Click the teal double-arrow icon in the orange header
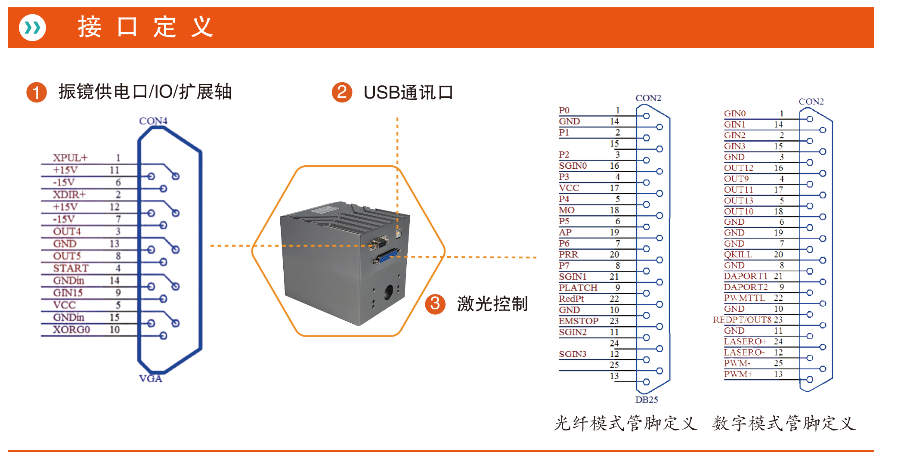click(x=32, y=28)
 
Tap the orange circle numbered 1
click(x=37, y=92)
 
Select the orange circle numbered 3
click(x=435, y=304)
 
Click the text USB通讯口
click(x=408, y=92)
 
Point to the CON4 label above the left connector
click(x=153, y=121)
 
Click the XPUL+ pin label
click(x=70, y=158)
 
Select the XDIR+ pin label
click(x=69, y=195)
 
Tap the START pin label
click(x=71, y=268)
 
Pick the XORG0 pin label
click(x=71, y=330)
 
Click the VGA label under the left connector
click(x=151, y=378)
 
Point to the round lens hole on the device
click(x=388, y=292)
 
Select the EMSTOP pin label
click(x=579, y=321)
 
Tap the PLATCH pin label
click(x=578, y=288)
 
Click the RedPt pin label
click(x=571, y=299)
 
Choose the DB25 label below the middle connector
click(x=647, y=399)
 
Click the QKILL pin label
click(x=738, y=254)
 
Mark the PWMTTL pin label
click(x=738, y=298)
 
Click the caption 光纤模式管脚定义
click(x=625, y=423)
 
